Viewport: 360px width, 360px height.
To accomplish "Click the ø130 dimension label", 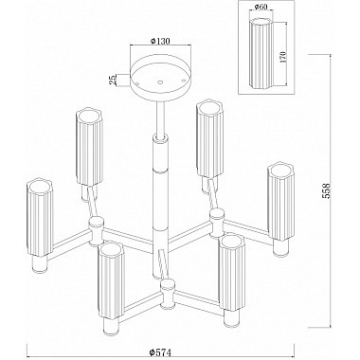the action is tap(160, 41).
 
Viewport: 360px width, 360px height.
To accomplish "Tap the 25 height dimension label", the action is tap(112, 81).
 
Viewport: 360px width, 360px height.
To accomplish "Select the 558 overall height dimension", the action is tap(326, 191).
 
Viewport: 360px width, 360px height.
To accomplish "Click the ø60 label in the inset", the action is tap(261, 7).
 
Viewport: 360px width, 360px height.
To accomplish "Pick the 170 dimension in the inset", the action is tap(282, 57).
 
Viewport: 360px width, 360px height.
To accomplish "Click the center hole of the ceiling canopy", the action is tap(160, 82).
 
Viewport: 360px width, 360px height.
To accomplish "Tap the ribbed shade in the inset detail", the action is tap(262, 53).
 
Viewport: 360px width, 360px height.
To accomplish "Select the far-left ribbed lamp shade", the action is tap(40, 218).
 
